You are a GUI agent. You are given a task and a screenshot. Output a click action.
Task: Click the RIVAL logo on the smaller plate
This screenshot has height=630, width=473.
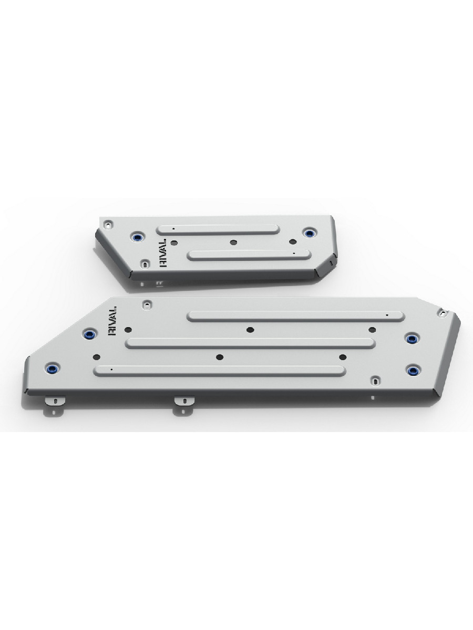click(163, 253)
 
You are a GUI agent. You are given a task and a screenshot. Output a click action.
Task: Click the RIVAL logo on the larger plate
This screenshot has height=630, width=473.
click(112, 321)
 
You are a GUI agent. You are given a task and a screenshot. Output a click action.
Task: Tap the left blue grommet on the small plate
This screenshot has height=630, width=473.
click(138, 237)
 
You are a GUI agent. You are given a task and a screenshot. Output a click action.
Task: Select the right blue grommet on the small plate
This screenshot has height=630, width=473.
click(309, 233)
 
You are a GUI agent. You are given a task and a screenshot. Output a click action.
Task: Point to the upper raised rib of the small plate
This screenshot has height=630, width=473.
click(218, 230)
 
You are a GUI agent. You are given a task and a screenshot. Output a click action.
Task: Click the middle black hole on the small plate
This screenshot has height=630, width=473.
click(233, 243)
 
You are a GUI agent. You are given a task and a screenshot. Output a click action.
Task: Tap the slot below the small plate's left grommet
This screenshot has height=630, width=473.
click(146, 263)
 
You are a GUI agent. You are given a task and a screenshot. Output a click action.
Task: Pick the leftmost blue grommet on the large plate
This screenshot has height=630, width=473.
click(53, 369)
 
